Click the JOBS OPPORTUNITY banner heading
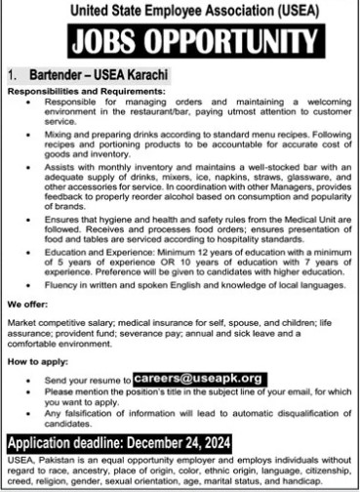click(180, 42)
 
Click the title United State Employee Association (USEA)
click(180, 10)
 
